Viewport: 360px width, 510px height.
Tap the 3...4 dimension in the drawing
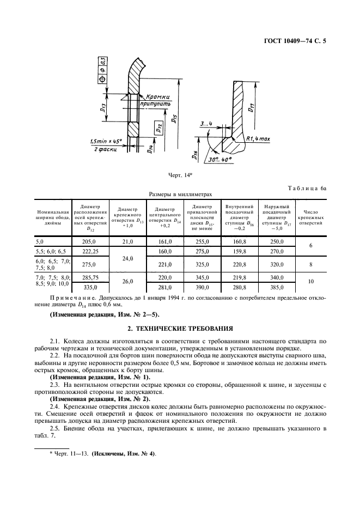[205, 124]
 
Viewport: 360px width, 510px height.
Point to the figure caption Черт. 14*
[180, 175]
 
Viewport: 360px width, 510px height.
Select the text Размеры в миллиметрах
[180, 193]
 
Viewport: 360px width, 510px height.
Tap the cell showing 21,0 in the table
[128, 241]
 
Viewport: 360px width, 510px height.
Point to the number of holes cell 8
[310, 264]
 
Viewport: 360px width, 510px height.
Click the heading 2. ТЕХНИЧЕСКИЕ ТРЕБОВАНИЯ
[180, 329]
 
